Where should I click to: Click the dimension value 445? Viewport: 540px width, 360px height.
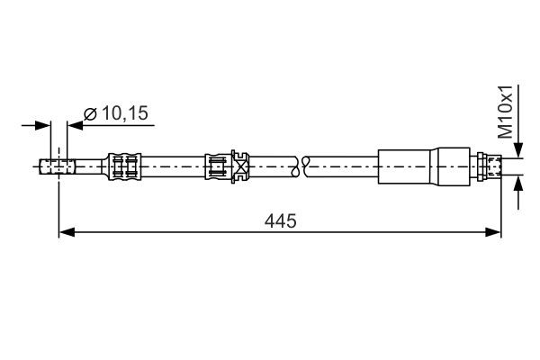click(281, 220)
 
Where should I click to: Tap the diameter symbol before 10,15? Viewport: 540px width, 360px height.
click(90, 113)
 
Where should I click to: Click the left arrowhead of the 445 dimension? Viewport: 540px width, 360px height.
click(65, 232)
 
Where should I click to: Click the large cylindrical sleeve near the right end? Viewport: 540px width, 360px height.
click(409, 166)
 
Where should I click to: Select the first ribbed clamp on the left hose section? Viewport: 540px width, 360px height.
click(124, 166)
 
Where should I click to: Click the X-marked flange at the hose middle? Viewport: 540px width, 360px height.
click(240, 166)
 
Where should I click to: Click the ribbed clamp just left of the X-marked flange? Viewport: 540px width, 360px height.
click(217, 166)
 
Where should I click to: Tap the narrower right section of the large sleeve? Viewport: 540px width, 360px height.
click(454, 166)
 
